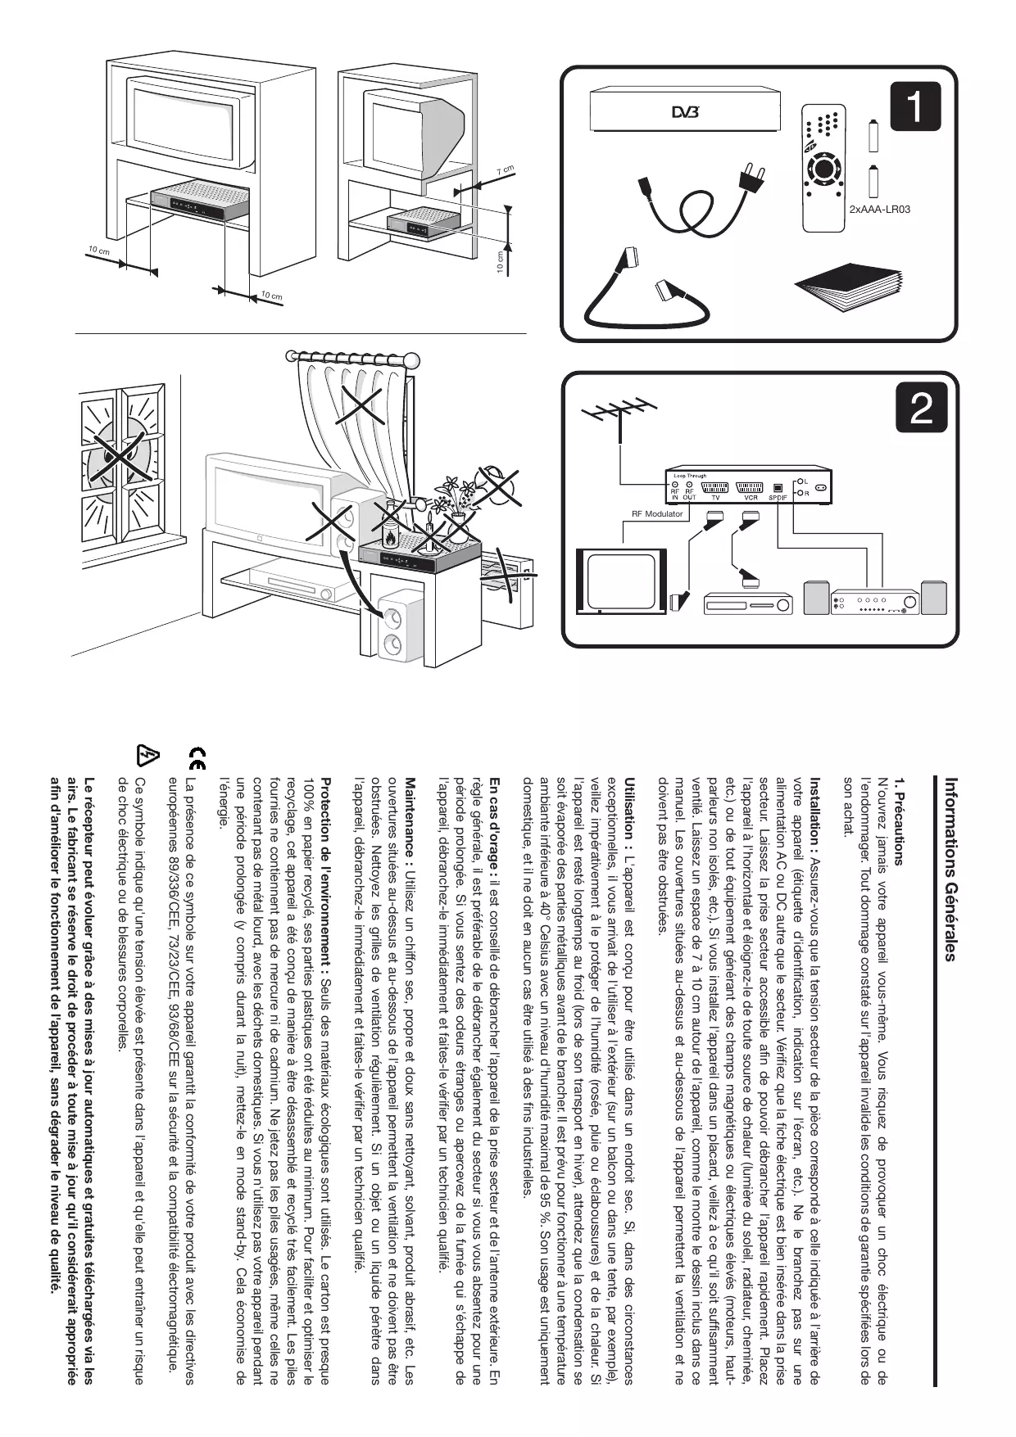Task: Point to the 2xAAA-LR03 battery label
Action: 879,210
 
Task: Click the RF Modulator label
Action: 657,514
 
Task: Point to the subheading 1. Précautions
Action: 899,821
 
